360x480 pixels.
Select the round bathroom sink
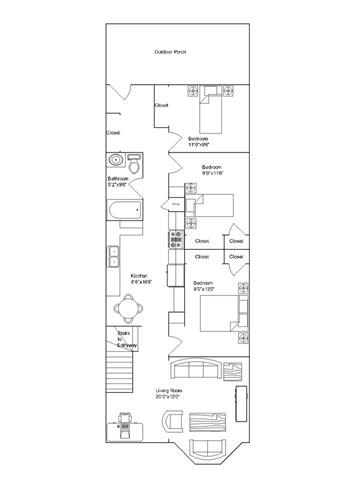[x=115, y=159]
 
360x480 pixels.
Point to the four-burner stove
[x=176, y=240]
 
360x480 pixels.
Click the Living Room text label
[x=168, y=395]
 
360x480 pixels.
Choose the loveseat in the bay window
[x=208, y=446]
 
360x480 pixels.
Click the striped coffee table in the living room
[x=207, y=421]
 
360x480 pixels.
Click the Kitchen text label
[x=139, y=277]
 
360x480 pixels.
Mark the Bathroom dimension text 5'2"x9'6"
[x=119, y=185]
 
